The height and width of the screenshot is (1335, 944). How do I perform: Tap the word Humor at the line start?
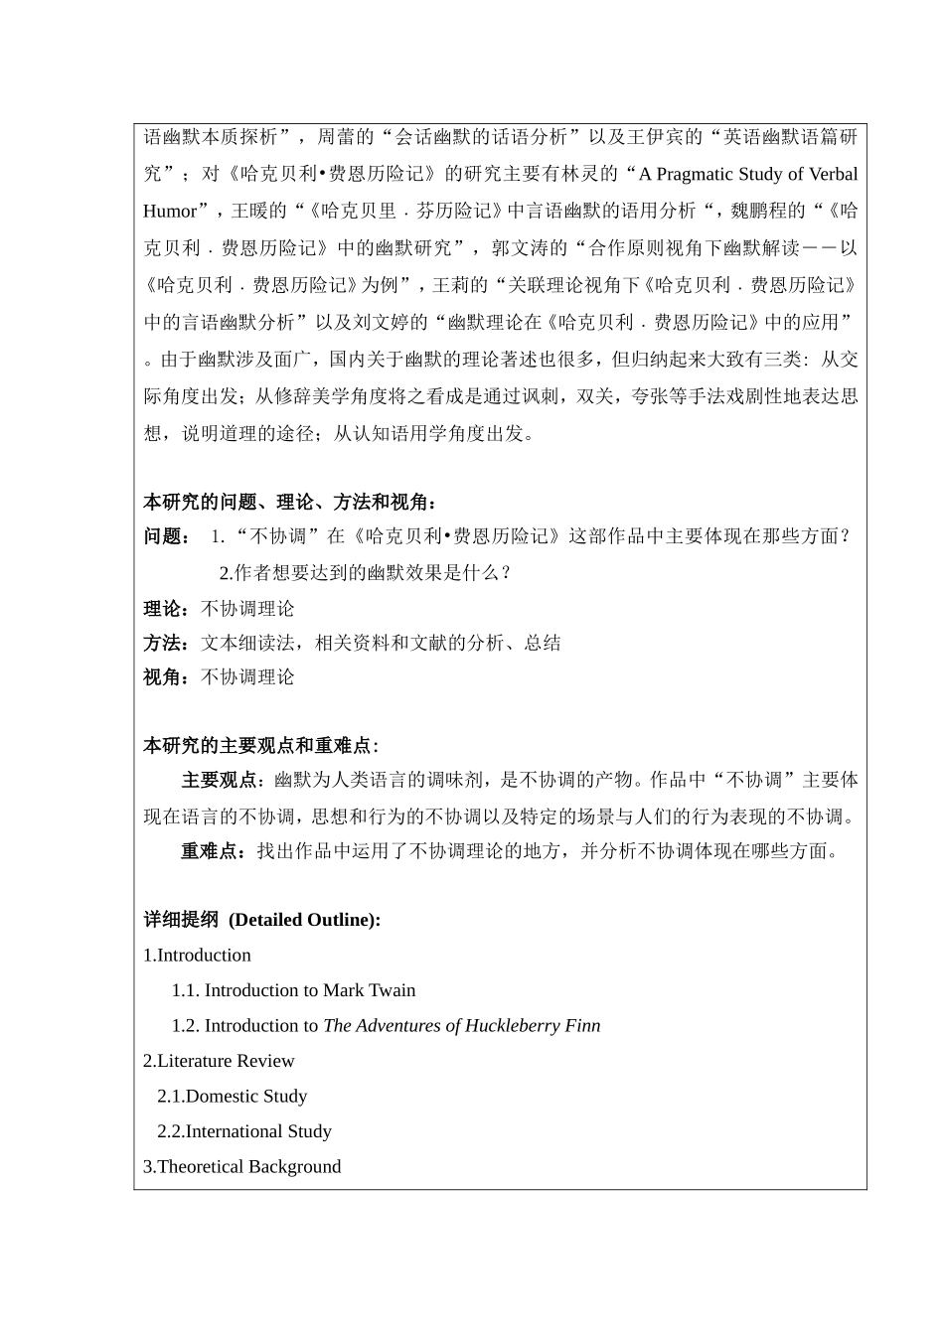[170, 212]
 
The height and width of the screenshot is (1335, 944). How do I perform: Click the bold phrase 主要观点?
[219, 781]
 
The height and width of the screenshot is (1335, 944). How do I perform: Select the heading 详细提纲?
[181, 920]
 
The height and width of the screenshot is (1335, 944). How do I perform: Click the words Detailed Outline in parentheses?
[304, 920]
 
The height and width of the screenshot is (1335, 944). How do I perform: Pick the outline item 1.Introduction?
[197, 956]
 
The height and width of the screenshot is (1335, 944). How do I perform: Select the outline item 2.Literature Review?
[219, 1061]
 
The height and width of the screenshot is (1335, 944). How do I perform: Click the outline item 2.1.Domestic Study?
[232, 1097]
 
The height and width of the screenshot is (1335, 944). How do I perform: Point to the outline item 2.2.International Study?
[243, 1131]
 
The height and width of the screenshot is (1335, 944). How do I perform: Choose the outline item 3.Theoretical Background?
[241, 1167]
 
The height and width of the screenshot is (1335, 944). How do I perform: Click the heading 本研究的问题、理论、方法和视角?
[288, 502]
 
